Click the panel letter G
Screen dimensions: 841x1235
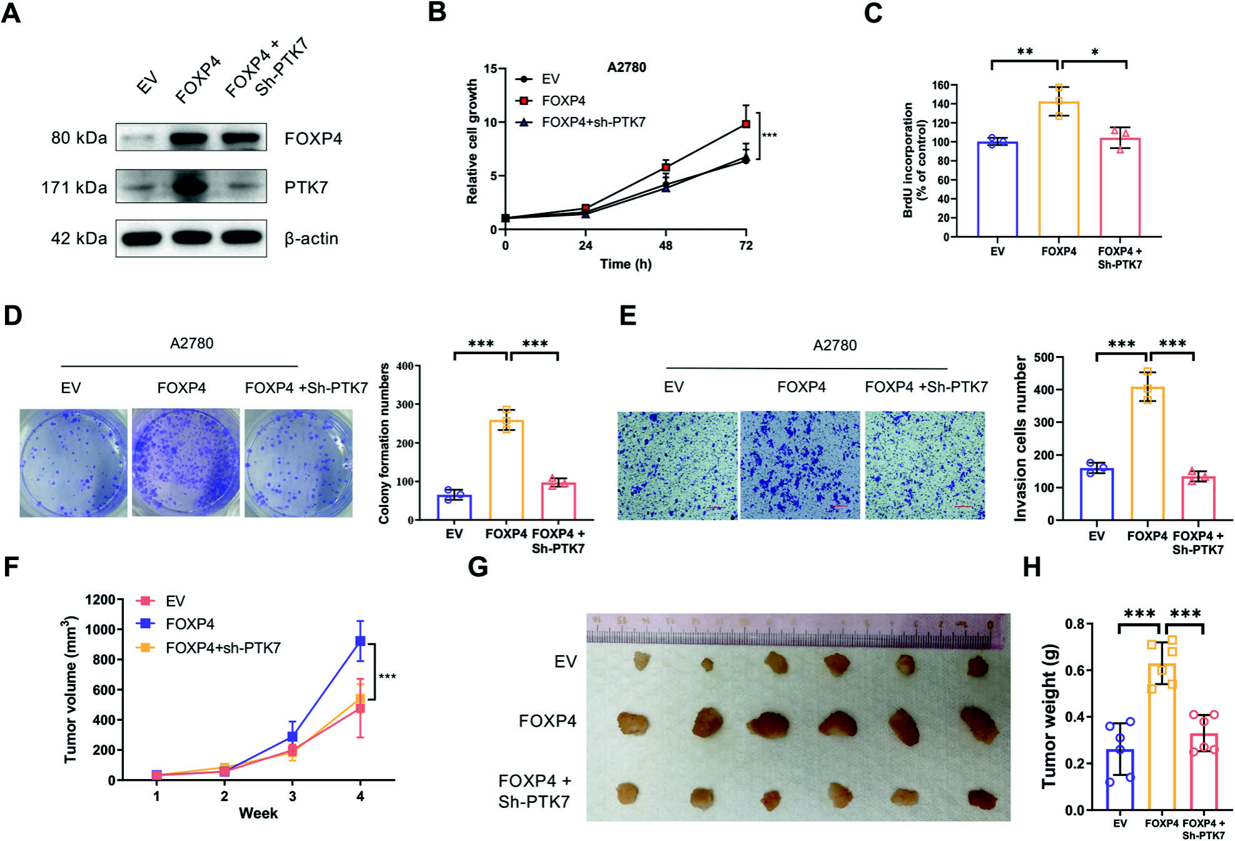(x=478, y=568)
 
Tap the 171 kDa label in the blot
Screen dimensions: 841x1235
(x=74, y=188)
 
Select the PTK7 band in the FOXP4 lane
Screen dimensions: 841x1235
(x=190, y=186)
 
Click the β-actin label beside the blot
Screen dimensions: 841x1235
(x=311, y=238)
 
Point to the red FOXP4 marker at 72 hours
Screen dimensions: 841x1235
(x=746, y=124)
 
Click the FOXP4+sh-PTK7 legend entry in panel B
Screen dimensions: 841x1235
(x=592, y=123)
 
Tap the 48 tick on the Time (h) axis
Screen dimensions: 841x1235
(x=666, y=245)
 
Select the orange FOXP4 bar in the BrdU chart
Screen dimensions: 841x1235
(x=1059, y=169)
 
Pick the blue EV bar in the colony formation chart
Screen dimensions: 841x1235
(x=454, y=507)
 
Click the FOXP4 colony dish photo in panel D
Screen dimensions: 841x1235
(x=185, y=463)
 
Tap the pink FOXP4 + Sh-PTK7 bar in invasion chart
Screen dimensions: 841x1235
(x=1198, y=499)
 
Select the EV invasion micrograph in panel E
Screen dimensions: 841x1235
(x=678, y=466)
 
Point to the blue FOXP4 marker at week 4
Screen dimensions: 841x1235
(x=360, y=641)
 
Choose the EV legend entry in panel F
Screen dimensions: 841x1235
(x=174, y=601)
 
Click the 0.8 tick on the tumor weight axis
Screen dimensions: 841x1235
(x=1075, y=624)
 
